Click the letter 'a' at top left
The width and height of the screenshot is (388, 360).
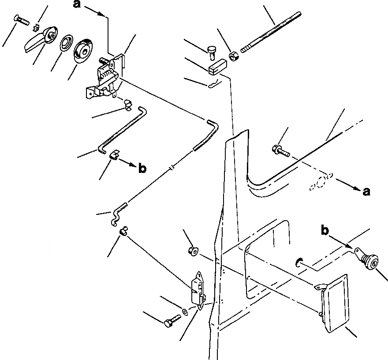click(x=77, y=5)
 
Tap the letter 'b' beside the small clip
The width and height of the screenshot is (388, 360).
click(x=142, y=168)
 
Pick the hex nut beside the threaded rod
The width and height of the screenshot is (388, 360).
click(x=234, y=56)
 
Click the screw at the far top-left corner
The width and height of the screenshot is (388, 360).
click(x=19, y=19)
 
